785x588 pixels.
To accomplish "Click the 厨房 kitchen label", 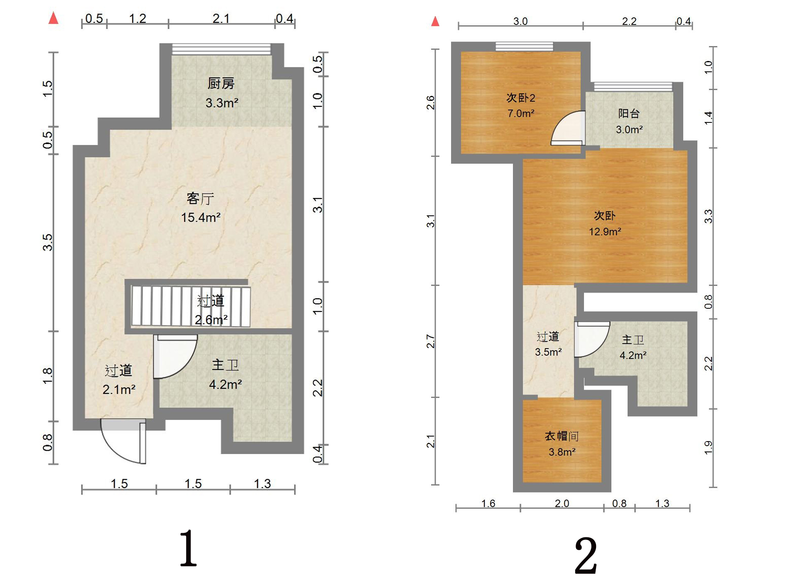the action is (221, 83).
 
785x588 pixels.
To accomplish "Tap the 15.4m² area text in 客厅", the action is (201, 217).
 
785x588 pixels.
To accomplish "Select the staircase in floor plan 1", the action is (191, 306).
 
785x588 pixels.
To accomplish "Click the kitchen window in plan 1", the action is (221, 49).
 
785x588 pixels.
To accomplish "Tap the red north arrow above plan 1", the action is (53, 18).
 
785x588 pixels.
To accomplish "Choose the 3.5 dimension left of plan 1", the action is (48, 242).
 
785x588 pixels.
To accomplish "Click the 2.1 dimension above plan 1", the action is (221, 18).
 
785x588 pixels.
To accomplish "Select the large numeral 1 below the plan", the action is (188, 548).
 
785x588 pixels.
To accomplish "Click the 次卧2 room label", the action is (521, 98).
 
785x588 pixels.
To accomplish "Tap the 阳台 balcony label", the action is (629, 113).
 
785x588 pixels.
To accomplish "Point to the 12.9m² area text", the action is (605, 232).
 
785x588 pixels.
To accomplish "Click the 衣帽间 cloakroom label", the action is (562, 436).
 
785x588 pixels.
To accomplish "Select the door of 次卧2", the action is (568, 128).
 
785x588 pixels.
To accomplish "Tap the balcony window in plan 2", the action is (633, 87).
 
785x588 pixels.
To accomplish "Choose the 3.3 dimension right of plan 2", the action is (709, 216).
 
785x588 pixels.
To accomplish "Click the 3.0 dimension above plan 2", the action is (520, 21).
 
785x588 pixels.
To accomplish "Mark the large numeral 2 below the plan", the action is (586, 555).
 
